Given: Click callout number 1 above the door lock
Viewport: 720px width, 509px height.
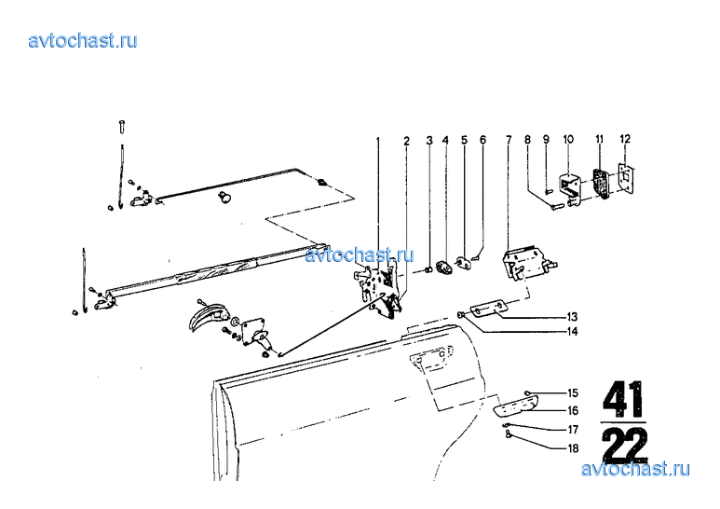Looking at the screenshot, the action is pos(378,140).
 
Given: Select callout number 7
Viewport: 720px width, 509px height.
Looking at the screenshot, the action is pos(509,139).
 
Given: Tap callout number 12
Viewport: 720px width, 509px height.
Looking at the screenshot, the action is pos(625,139).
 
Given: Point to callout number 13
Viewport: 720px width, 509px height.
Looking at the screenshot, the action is pos(572,317).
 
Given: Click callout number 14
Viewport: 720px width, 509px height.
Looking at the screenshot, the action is pos(573,331).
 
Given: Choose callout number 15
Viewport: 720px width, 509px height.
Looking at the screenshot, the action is pos(573,392).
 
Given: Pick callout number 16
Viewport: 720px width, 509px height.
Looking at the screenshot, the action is pos(573,411).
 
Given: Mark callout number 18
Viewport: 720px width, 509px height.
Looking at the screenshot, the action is pos(573,448).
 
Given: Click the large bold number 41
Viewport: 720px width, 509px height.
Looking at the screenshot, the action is pos(623,400).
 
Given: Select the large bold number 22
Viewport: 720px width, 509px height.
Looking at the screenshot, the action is pos(625,445).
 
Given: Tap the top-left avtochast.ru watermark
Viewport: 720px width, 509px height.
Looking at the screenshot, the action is pos(83,40).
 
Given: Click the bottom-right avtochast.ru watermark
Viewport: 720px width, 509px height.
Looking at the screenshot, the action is pos(635,469).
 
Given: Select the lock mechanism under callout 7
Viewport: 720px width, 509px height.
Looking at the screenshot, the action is pos(528,263).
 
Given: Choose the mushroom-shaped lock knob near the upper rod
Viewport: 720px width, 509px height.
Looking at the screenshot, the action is pos(224,198).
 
